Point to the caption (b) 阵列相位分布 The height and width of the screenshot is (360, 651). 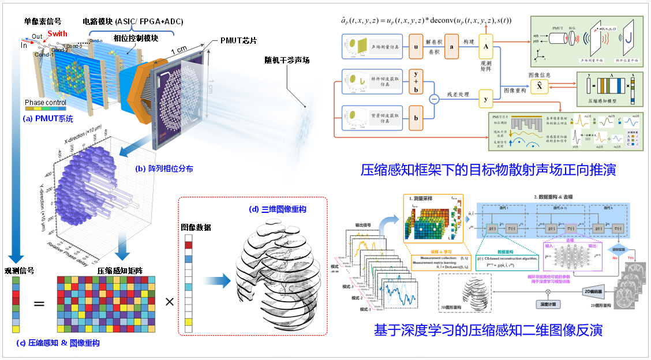pos(163,169)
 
